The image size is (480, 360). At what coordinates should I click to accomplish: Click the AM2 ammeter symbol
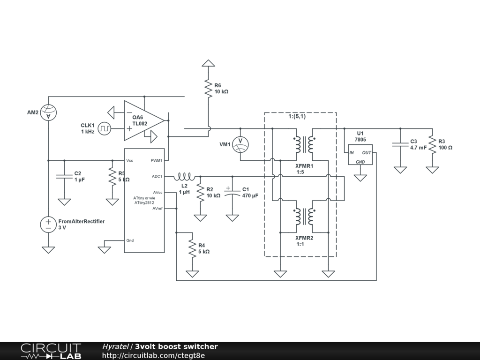pyautogui.click(x=48, y=112)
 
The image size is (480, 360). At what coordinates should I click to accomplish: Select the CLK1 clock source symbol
pyautogui.click(x=104, y=128)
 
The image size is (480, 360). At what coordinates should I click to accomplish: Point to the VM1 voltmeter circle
pyautogui.click(x=240, y=144)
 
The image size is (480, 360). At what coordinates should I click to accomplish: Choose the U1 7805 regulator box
pyautogui.click(x=360, y=154)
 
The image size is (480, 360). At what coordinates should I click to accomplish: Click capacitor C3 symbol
pyautogui.click(x=400, y=144)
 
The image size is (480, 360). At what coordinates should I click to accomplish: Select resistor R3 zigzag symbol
pyautogui.click(x=432, y=144)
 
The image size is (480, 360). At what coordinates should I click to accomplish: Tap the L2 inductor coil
pyautogui.click(x=185, y=177)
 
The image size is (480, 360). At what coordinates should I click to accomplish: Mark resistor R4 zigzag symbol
pyautogui.click(x=192, y=248)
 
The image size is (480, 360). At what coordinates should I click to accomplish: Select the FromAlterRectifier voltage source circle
pyautogui.click(x=48, y=224)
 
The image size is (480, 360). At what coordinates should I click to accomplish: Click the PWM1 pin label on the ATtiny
pyautogui.click(x=156, y=160)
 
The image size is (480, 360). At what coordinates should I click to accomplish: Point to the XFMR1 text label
pyautogui.click(x=304, y=166)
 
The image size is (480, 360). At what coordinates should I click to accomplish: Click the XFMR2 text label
pyautogui.click(x=304, y=238)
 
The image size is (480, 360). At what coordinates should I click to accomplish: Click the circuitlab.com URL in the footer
pyautogui.click(x=153, y=355)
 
